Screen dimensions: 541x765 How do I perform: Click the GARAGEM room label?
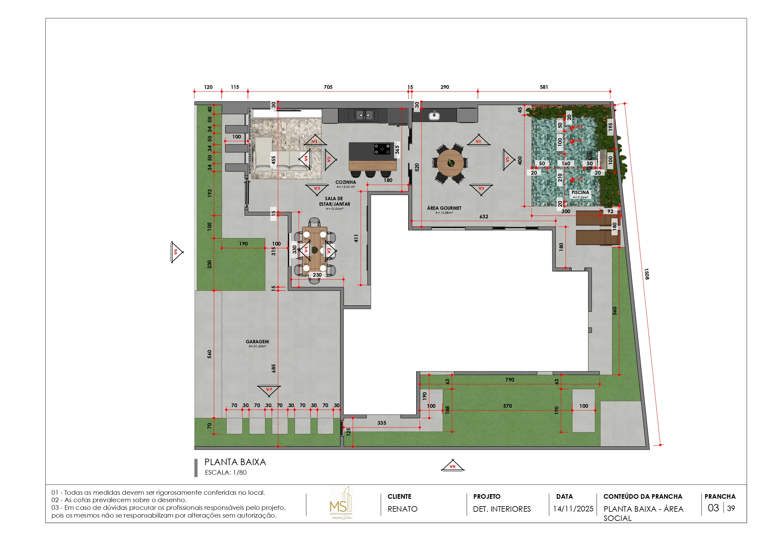point(257,342)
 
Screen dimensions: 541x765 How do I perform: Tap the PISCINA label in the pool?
point(580,192)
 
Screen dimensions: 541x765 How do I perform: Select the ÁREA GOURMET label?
point(444,208)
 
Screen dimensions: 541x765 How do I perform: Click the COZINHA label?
point(346,182)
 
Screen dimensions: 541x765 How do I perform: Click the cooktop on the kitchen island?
point(382,149)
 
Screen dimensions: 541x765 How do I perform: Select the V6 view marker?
point(176,252)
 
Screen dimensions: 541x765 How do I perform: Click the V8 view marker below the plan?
point(452,466)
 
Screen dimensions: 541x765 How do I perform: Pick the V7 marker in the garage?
point(269,390)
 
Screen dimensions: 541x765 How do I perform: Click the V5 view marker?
point(508,160)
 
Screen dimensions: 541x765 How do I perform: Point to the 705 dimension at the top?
point(328,87)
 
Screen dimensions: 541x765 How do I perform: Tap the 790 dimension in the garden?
point(509,380)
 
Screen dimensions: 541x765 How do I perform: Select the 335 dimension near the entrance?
point(381,423)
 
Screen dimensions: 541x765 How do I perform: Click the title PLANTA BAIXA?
point(235,462)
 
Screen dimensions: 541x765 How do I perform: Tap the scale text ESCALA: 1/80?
point(226,472)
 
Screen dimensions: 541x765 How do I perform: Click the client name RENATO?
point(402,509)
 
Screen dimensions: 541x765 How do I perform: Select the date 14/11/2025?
point(573,509)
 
